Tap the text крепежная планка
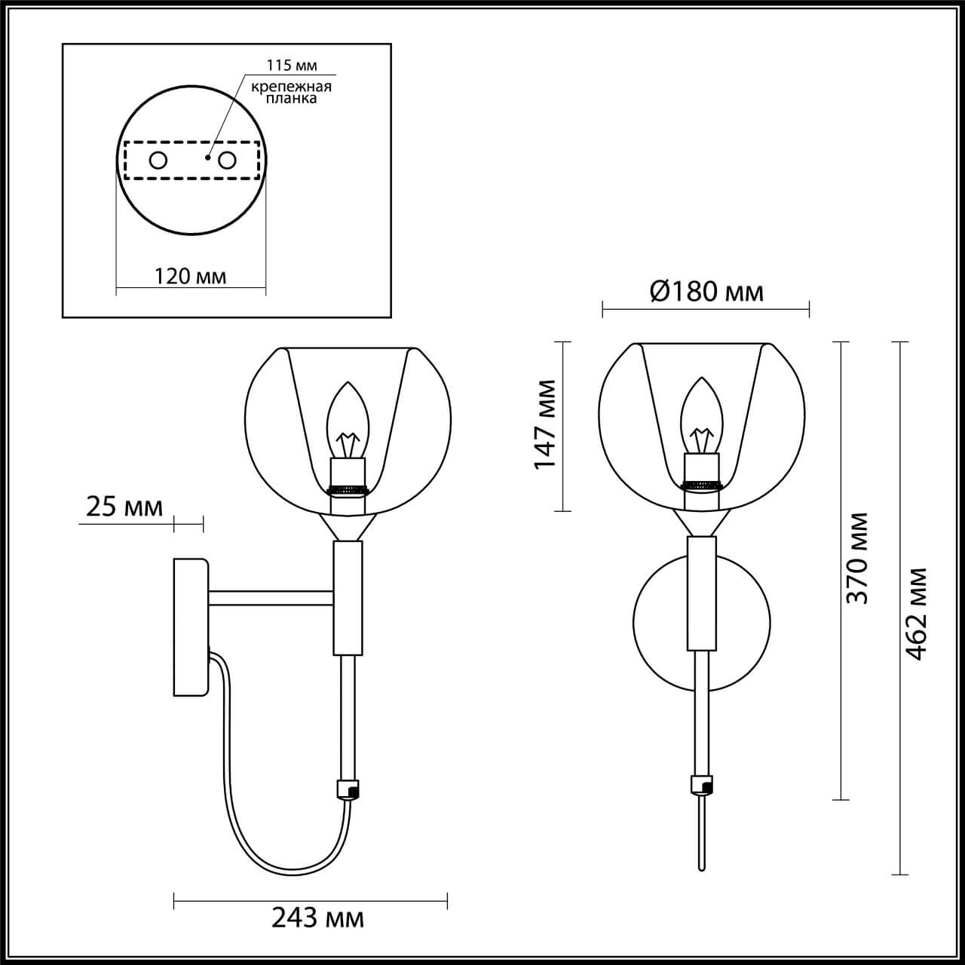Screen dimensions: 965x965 [x=292, y=93]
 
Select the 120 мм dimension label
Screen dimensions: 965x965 [x=190, y=276]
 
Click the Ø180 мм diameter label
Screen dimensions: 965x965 [x=706, y=291]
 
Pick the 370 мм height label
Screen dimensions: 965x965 [x=857, y=558]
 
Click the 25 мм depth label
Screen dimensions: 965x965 [x=124, y=507]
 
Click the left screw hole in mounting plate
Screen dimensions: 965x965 [x=158, y=161]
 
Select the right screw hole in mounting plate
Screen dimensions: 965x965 [x=227, y=161]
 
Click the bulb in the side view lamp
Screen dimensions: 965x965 [x=348, y=422]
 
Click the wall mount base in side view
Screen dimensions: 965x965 [x=190, y=626]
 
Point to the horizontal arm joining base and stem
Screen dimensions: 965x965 [x=271, y=598]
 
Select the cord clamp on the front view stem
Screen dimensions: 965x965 [x=702, y=786]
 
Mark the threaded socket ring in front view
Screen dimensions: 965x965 [x=702, y=483]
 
